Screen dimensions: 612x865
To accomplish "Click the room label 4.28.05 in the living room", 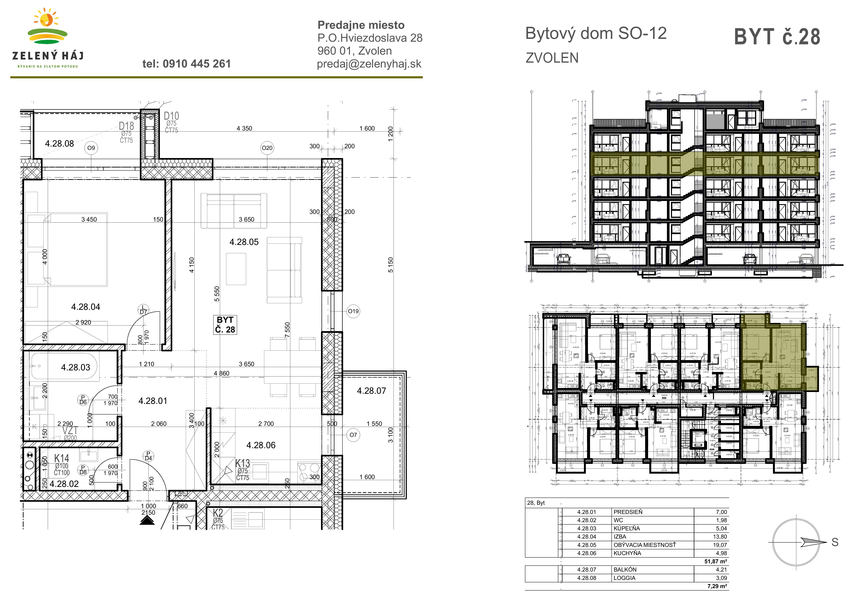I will click(244, 242).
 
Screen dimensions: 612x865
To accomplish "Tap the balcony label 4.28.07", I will click(371, 391).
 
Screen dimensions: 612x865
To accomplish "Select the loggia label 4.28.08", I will click(59, 144).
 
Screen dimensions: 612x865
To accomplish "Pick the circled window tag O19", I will click(353, 311).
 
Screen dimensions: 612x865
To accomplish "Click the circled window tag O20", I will click(267, 148).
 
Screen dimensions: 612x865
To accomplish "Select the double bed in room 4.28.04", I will click(75, 249).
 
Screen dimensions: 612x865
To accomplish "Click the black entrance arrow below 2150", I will click(147, 520).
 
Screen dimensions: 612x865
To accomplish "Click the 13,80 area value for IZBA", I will click(720, 537).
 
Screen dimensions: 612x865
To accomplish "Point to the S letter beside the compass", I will click(835, 542).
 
